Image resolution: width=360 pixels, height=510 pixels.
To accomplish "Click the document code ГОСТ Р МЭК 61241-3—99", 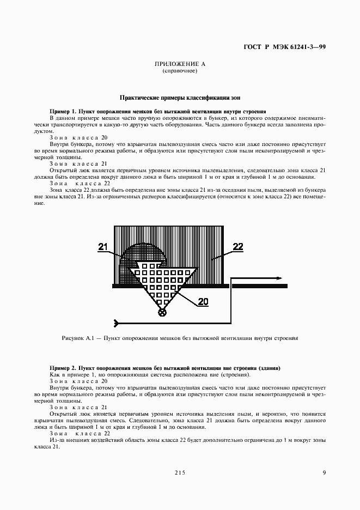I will [x=284, y=48].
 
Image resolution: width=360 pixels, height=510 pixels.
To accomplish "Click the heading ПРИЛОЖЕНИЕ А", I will [x=180, y=64].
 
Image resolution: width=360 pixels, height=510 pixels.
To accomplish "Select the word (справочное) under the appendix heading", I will [x=180, y=71].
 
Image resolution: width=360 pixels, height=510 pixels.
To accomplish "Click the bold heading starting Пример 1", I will [x=157, y=111].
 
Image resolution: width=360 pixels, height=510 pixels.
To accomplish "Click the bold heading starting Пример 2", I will [x=164, y=369].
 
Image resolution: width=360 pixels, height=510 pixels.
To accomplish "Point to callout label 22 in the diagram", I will [x=237, y=247].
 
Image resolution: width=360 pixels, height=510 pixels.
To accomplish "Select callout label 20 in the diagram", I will [x=203, y=301].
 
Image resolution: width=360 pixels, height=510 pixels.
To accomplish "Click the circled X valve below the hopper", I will [x=162, y=312].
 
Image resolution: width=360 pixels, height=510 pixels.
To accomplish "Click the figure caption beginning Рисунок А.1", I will [x=180, y=338].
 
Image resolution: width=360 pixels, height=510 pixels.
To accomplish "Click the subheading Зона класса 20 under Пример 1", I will [x=78, y=137].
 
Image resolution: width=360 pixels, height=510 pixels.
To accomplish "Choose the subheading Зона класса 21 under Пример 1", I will [x=78, y=163].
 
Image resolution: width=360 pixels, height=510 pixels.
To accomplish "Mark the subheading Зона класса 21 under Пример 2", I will [x=78, y=407].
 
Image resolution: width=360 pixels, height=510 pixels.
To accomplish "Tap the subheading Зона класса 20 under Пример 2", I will [x=78, y=381].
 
